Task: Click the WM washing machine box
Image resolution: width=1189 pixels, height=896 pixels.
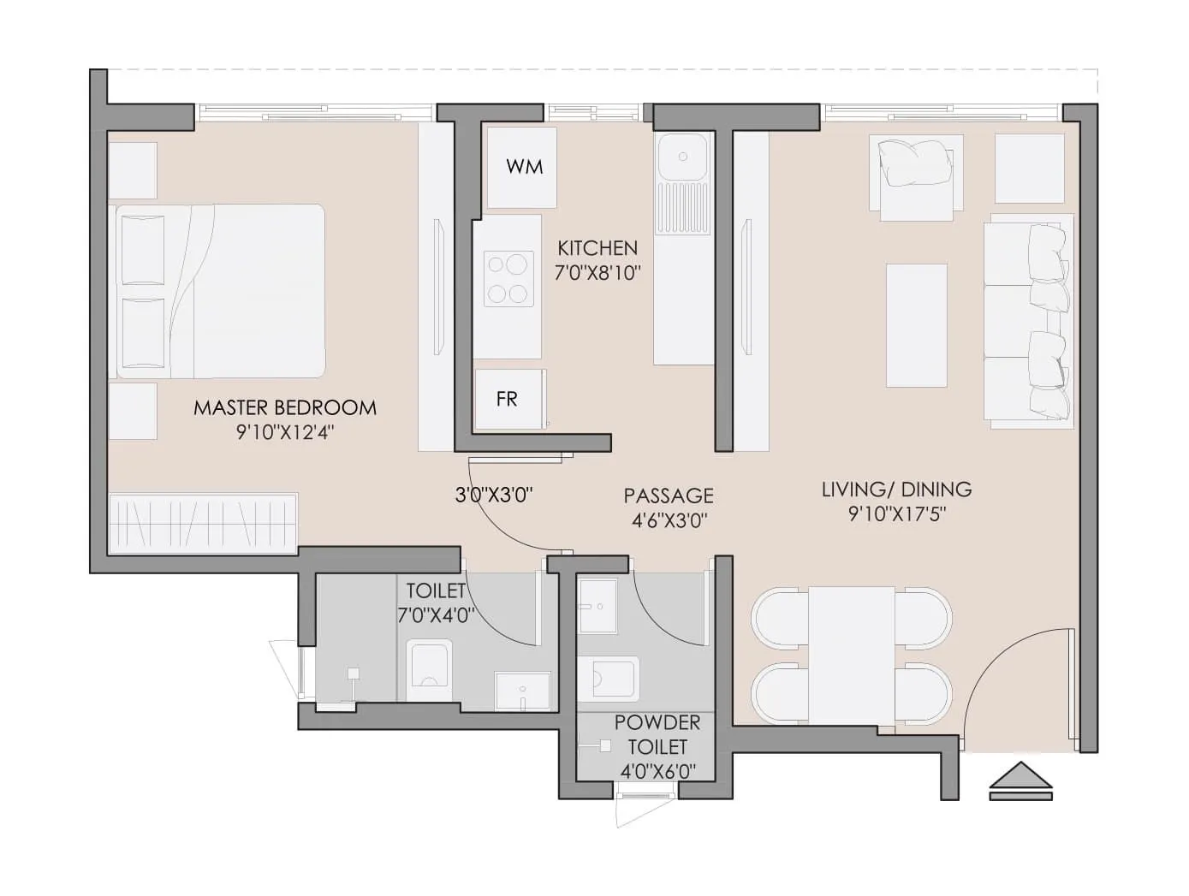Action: (521, 166)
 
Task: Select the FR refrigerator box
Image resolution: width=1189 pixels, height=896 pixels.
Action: (508, 399)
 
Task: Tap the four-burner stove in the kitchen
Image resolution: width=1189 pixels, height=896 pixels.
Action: (506, 278)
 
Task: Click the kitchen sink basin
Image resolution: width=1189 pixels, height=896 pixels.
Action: (682, 157)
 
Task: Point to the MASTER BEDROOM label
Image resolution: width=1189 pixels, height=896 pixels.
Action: (284, 407)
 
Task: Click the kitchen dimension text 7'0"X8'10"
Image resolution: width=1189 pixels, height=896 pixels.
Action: (598, 273)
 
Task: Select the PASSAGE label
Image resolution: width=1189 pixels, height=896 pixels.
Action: (668, 495)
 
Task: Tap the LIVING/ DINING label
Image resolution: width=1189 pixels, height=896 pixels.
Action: (896, 490)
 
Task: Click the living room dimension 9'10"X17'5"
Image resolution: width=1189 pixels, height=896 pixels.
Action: (896, 514)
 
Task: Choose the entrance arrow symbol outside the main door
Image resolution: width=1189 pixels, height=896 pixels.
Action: (1020, 780)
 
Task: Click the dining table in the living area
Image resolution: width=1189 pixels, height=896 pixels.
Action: (851, 656)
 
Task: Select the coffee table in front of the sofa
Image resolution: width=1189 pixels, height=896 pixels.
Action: (916, 325)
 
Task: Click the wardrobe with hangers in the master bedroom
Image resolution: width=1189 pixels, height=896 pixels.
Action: (203, 523)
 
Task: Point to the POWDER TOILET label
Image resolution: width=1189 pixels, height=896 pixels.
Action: (657, 734)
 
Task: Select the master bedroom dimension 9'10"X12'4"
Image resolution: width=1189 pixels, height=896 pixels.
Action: (284, 432)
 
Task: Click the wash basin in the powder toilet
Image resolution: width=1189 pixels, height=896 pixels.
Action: (598, 606)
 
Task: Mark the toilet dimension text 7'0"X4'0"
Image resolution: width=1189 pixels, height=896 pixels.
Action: (435, 614)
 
